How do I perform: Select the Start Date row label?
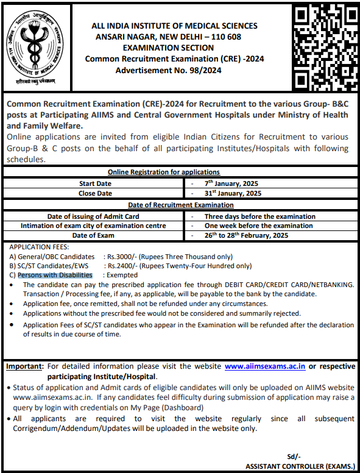pyautogui.click(x=96, y=183)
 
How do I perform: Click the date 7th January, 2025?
pyautogui.click(x=232, y=183)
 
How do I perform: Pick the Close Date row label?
pyautogui.click(x=96, y=193)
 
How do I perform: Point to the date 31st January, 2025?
pyautogui.click(x=233, y=193)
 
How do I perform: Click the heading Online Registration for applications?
pyautogui.click(x=164, y=172)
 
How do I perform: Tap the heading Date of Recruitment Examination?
pyautogui.click(x=180, y=205)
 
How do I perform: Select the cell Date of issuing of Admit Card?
pyautogui.click(x=93, y=216)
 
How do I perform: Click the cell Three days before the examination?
pyautogui.click(x=259, y=216)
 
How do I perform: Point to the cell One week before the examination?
pyautogui.click(x=258, y=226)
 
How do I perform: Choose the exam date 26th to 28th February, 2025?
pyautogui.click(x=246, y=235)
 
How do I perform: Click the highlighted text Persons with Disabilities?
pyautogui.click(x=55, y=275)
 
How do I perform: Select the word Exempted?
pyautogui.click(x=122, y=275)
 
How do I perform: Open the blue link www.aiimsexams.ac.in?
pyautogui.click(x=265, y=366)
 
